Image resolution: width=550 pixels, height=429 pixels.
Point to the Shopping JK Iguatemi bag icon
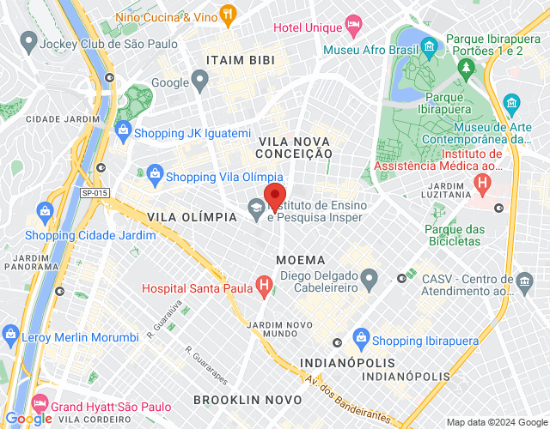(x=122, y=133)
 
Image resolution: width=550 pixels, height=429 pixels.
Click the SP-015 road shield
(x=95, y=193)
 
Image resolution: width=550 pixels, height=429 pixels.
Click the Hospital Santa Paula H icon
(x=265, y=287)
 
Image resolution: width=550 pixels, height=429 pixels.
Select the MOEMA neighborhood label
(x=301, y=259)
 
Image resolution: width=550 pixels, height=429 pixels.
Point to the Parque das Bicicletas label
(x=455, y=235)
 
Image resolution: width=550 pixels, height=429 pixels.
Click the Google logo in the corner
(x=29, y=418)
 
